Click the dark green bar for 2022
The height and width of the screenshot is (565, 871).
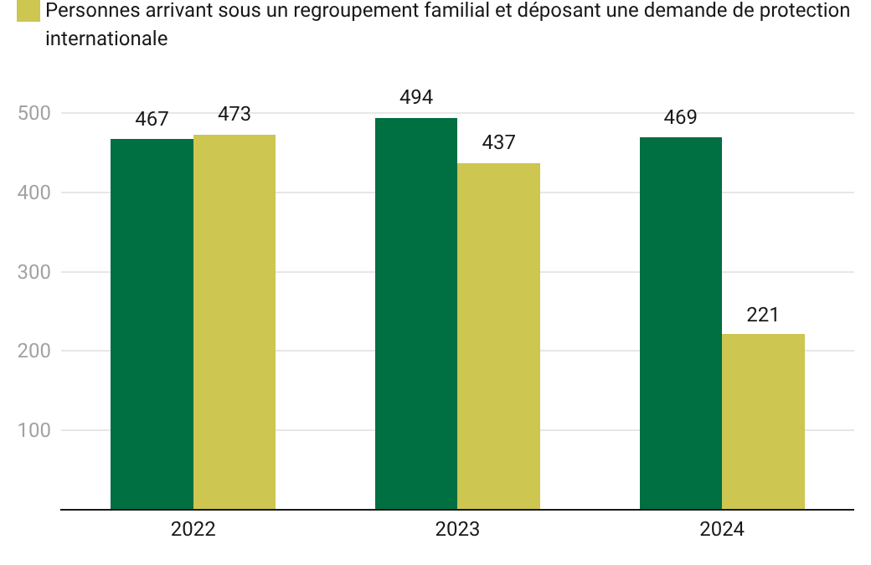152,324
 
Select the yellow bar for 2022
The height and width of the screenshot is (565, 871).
234,321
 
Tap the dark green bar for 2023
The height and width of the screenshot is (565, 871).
416,313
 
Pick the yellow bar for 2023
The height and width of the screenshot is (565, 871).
498,336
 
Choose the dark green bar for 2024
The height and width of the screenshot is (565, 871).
680,323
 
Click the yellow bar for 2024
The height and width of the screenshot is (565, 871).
763,421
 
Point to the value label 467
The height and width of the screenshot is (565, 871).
152,120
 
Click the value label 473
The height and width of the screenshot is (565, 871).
234,115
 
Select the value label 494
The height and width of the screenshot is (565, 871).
416,98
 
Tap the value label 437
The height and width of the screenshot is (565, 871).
498,143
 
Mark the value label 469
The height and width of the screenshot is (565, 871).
680,118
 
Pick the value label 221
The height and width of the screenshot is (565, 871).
763,315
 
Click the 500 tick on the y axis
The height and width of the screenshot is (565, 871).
33,113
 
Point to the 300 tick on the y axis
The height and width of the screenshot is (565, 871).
33,272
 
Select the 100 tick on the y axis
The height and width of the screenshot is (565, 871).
33,430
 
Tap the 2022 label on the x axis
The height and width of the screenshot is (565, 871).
193,530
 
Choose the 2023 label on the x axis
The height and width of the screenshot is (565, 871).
457,530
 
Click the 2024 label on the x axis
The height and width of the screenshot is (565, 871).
722,530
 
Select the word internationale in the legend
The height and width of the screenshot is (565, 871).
106,39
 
